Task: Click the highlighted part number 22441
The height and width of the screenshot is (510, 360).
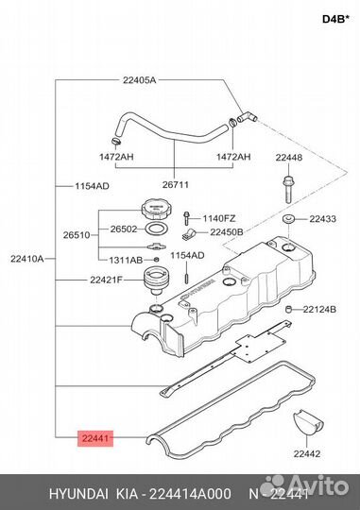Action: (95, 438)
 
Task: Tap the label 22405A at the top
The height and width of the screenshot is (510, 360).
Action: (139, 80)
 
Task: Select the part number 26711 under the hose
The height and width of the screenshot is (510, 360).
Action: (176, 185)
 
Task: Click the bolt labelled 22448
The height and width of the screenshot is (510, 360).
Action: (288, 189)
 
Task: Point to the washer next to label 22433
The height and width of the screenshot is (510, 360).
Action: (289, 219)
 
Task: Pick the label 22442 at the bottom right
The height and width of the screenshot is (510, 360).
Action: (307, 453)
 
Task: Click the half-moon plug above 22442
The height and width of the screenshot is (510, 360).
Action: (307, 422)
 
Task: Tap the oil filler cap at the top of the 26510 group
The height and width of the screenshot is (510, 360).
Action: (156, 209)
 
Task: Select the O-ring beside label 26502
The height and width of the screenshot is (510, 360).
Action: (157, 229)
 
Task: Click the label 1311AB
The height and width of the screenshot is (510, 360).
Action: (126, 261)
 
